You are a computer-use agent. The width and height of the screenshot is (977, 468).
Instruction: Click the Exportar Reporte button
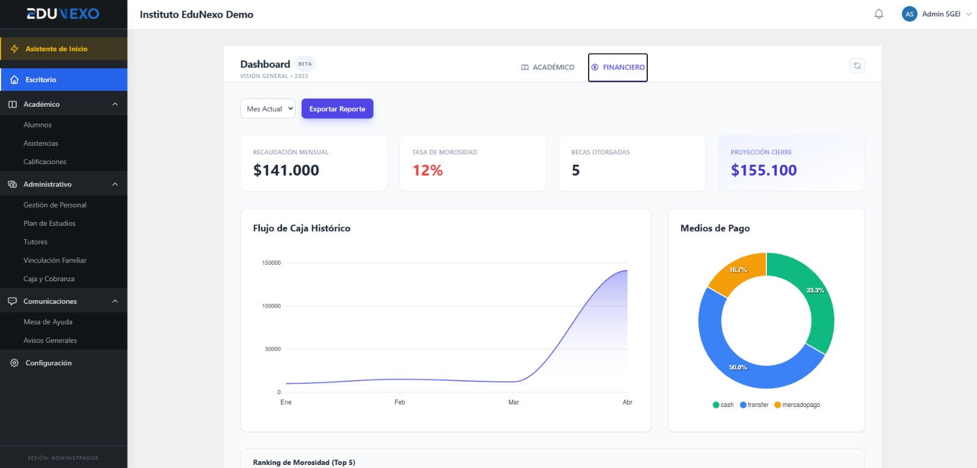pos(337,109)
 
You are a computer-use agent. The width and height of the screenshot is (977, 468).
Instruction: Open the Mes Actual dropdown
pos(267,109)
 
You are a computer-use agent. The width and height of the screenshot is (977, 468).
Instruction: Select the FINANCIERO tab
pos(618,67)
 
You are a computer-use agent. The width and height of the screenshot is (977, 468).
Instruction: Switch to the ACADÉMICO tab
pos(548,67)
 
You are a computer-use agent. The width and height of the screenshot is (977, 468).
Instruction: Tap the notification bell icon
pos(879,14)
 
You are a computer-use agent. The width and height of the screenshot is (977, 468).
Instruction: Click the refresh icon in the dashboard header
pos(857,66)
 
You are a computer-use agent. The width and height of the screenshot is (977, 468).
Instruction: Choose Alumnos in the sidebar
pos(37,124)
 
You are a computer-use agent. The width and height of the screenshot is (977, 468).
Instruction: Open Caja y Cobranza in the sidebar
pos(49,279)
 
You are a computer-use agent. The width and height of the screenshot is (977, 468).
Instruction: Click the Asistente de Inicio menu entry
pos(56,49)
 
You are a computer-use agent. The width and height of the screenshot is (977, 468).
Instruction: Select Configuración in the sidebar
pos(48,363)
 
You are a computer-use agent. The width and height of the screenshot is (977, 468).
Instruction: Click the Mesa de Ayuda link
pos(48,322)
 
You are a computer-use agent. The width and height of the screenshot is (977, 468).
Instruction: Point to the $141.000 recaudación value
pos(286,170)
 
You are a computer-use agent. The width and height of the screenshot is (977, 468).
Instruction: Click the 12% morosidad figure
pos(427,170)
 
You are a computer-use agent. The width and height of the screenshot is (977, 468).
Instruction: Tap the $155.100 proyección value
pos(763,170)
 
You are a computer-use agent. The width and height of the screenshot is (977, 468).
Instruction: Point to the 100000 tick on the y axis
pos(271,306)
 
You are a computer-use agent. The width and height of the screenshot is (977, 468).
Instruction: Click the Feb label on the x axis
pos(399,402)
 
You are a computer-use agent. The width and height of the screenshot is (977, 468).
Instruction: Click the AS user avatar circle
pos(909,14)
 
